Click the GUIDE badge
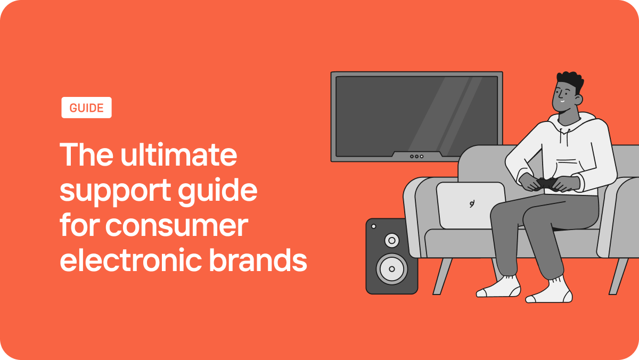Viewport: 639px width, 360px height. (x=86, y=108)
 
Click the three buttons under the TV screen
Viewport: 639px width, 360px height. (x=416, y=157)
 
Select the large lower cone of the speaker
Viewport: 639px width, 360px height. (x=391, y=268)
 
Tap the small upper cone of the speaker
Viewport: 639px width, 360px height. (x=391, y=241)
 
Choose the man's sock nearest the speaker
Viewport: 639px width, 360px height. (x=499, y=288)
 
